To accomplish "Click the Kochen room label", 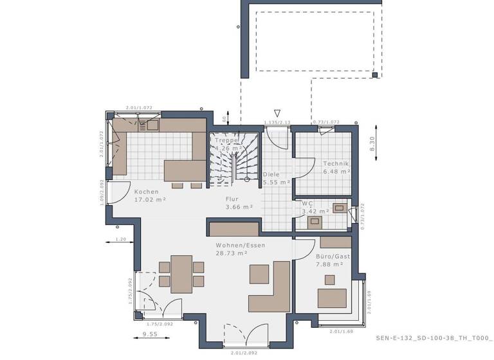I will coord(146,191).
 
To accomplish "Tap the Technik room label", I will coord(335,163).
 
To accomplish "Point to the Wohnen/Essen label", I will coord(241,245).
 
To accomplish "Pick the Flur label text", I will coord(232,199).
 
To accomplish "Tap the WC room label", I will coord(307,203).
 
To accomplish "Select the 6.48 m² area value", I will coord(336,172).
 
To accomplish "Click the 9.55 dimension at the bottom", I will coord(149,334).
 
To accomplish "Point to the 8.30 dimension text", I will coord(372,145).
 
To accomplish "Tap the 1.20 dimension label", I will coord(120,239).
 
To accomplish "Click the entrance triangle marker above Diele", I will coord(277,113).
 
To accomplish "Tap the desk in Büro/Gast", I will coord(332,298).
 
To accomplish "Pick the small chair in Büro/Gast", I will coord(330,280).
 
